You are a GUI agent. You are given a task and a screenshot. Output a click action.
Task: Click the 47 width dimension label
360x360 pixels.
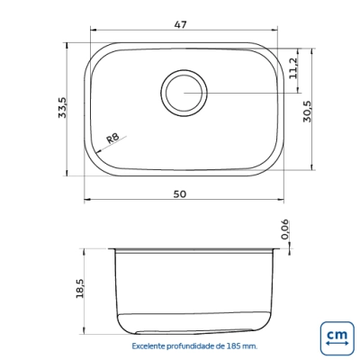pyautogui.click(x=181, y=24)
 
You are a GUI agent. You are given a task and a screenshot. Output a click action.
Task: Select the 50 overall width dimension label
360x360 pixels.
pyautogui.click(x=180, y=194)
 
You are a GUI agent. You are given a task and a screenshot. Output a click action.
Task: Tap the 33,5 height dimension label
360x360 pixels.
pyautogui.click(x=63, y=107)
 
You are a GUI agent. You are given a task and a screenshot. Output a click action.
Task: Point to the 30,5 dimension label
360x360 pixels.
pyautogui.click(x=308, y=111)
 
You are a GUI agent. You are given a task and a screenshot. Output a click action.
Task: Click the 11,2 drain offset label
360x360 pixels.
pyautogui.click(x=293, y=67)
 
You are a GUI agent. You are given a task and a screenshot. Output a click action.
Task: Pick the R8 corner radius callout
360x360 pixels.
pyautogui.click(x=112, y=138)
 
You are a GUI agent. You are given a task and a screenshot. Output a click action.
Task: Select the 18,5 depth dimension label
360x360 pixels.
pyautogui.click(x=80, y=288)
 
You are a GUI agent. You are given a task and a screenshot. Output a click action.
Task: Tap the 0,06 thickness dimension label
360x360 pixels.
pyautogui.click(x=284, y=229)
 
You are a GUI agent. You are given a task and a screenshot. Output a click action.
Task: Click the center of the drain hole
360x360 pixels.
pyautogui.click(x=184, y=93)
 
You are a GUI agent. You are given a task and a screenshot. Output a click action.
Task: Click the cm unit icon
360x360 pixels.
pyautogui.click(x=337, y=338)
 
